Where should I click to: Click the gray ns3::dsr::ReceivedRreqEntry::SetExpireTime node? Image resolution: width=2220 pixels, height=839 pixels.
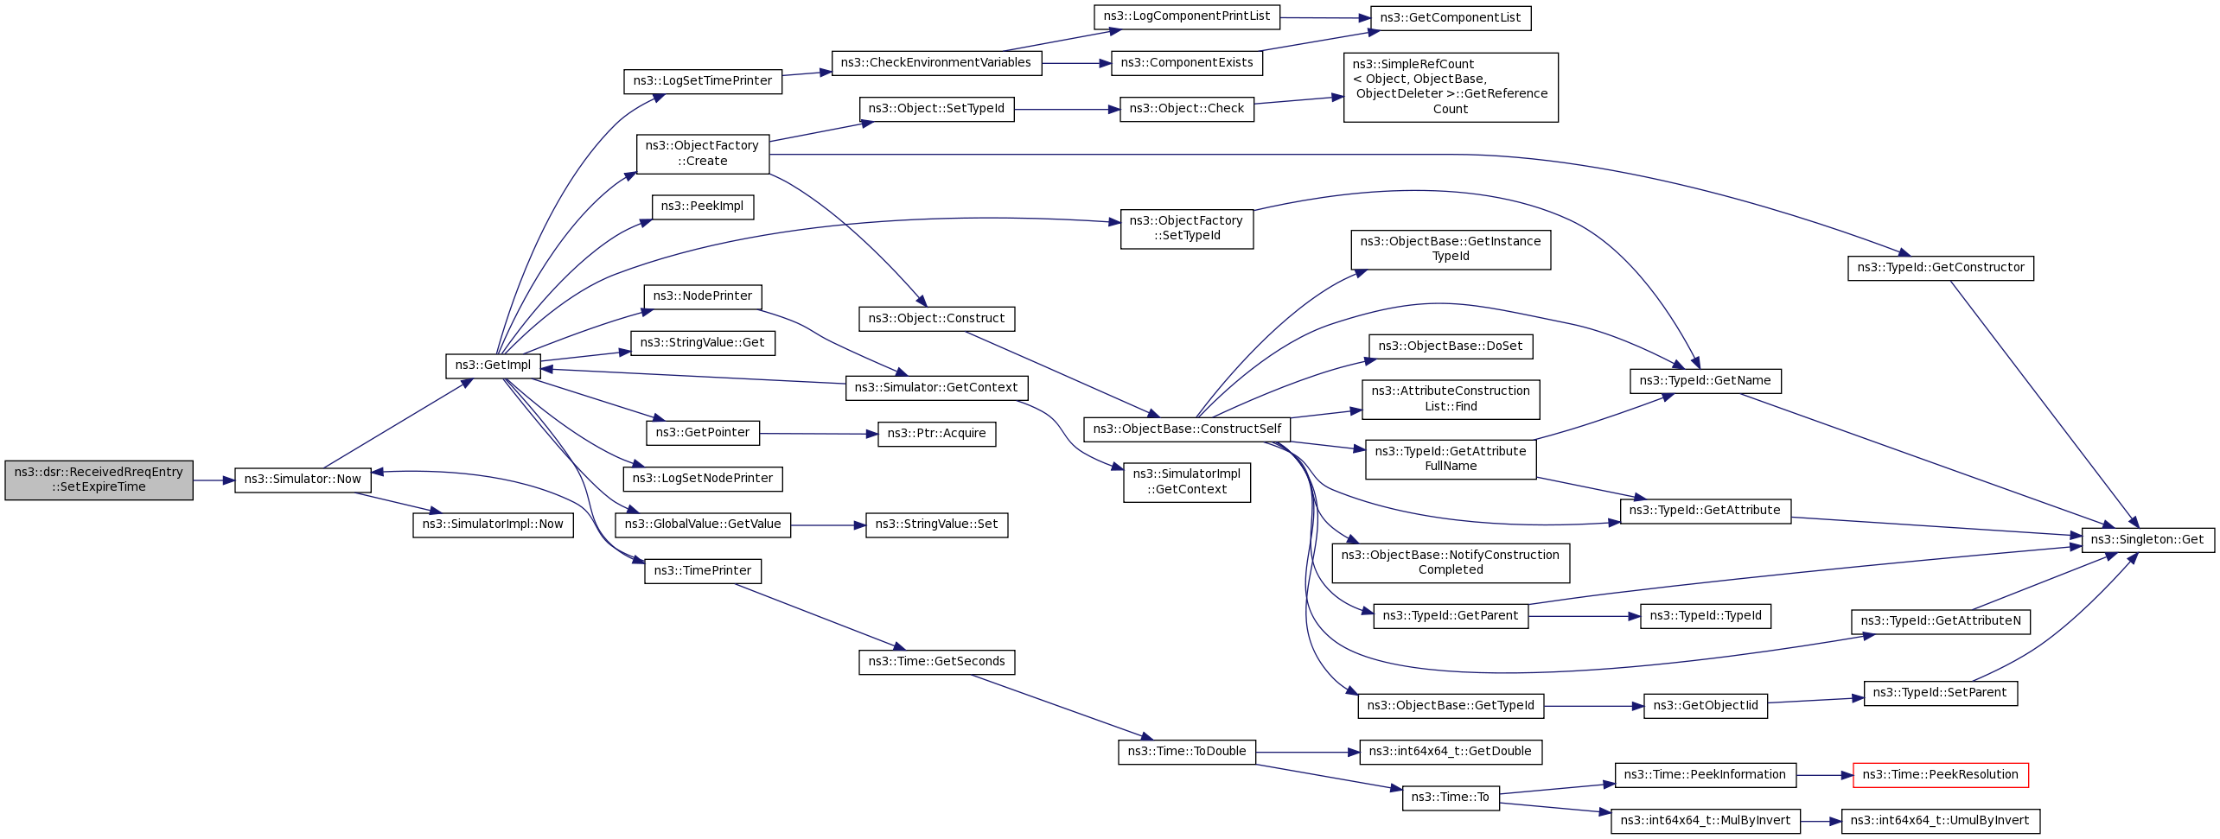point(99,480)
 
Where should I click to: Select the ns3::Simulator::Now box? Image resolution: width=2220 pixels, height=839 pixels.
point(303,480)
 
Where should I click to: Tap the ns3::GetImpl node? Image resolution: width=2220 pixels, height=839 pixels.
point(493,365)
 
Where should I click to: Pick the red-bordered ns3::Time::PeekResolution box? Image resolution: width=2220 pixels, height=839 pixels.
point(1940,775)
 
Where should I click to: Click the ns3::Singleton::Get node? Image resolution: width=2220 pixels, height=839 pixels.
point(2147,540)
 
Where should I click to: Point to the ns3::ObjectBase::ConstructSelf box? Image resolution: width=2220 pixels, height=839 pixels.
point(1187,429)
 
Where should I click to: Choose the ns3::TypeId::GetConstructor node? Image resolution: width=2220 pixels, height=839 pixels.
point(1940,268)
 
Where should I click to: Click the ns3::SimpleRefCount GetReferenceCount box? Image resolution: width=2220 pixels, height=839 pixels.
point(1450,87)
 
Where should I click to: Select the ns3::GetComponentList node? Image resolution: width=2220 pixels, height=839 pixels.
point(1450,18)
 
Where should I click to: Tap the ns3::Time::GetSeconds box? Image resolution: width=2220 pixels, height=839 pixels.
point(936,662)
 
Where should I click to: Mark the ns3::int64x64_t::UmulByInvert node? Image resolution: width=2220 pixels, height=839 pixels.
point(1940,821)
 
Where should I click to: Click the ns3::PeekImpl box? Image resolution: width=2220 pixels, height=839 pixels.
point(702,207)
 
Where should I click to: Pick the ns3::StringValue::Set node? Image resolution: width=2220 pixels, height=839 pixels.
point(936,524)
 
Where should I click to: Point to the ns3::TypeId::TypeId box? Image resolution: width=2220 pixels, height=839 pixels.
point(1705,616)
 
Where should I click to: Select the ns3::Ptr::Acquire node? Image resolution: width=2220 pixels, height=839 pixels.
point(936,434)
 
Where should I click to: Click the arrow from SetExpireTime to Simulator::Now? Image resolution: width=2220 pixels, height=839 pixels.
point(213,480)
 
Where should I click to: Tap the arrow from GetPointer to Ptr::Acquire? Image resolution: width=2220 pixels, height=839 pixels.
point(818,434)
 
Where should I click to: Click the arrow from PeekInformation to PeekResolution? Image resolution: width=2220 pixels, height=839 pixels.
point(1824,776)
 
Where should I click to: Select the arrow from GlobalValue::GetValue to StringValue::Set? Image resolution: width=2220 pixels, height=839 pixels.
point(827,525)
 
